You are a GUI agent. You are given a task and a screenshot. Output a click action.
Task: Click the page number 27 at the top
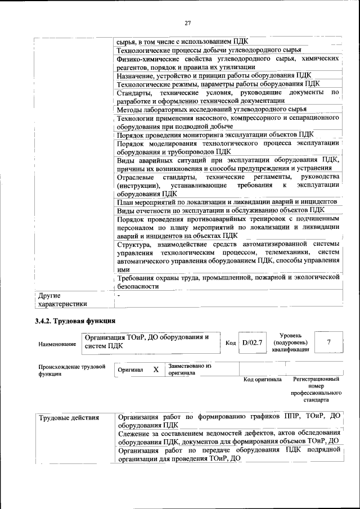(x=187, y=22)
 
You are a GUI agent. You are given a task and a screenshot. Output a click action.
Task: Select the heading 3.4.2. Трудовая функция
(x=75, y=321)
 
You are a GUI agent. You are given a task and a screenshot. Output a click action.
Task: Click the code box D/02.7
(x=252, y=343)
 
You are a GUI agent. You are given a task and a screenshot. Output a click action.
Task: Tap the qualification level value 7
(x=328, y=342)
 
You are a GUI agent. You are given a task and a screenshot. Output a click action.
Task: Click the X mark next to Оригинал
(x=156, y=370)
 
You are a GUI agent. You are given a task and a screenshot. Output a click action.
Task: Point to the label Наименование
(x=57, y=343)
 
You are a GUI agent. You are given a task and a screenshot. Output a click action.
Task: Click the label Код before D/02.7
(x=231, y=343)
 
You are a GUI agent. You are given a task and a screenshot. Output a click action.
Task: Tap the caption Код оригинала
(x=262, y=380)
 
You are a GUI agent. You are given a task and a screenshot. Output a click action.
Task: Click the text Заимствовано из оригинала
(x=189, y=370)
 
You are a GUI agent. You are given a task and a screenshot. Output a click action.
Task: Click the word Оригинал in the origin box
(x=130, y=370)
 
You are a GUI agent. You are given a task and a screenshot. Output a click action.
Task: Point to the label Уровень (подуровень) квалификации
(x=290, y=342)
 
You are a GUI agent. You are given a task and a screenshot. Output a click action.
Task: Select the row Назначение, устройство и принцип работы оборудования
(x=214, y=75)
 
